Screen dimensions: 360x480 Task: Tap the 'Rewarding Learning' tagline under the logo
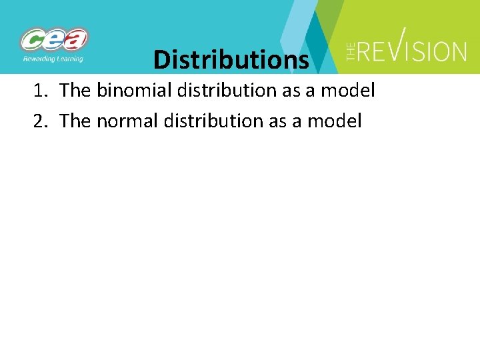[x=53, y=59]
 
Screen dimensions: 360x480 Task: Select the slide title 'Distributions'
[x=231, y=59]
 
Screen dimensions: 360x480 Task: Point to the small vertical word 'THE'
[x=351, y=51]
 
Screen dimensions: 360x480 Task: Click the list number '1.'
[x=41, y=91]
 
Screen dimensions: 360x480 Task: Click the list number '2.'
[x=41, y=121]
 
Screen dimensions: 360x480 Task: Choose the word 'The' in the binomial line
[x=75, y=91]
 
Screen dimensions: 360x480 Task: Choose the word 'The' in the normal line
[x=75, y=121]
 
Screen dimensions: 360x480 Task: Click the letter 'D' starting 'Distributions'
[x=161, y=59]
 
